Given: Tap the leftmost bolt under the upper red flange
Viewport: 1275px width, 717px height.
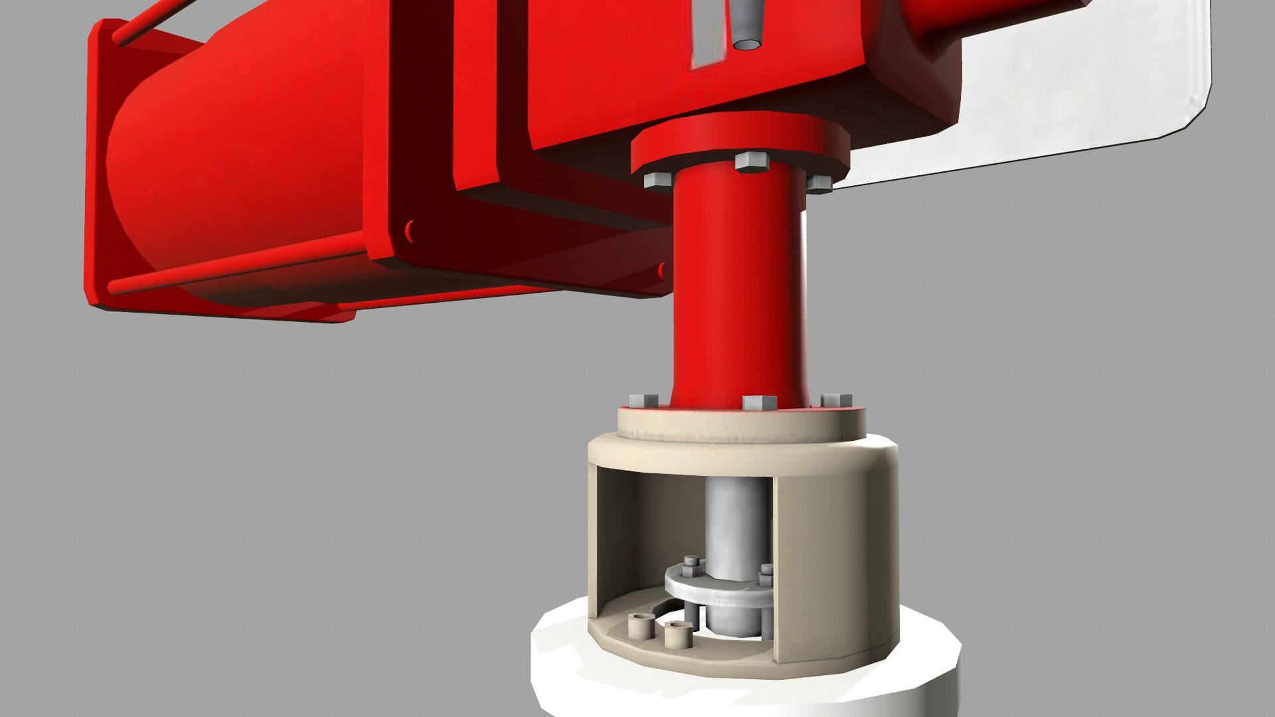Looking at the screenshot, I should point(658,180).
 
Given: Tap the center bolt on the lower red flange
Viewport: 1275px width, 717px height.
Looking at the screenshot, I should point(759,402).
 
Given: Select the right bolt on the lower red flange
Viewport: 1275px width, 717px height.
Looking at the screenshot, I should point(836,400).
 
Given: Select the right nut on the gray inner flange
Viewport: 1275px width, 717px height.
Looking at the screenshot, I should point(767,570).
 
